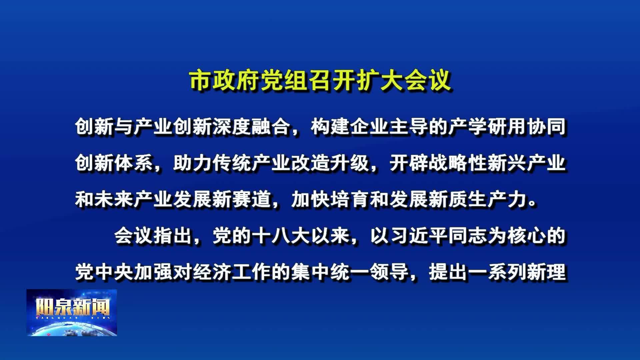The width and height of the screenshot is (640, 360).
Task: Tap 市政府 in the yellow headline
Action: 225,80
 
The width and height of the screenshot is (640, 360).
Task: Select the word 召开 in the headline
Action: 332,80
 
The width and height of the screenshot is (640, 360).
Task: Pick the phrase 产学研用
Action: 487,127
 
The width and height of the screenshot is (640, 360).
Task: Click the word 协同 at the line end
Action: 547,127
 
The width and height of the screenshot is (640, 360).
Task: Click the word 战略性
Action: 458,163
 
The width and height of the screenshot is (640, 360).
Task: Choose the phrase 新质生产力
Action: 478,200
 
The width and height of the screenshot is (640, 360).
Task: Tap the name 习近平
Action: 419,236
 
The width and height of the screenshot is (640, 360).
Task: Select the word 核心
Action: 527,236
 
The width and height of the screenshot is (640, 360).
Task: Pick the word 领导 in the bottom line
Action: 389,272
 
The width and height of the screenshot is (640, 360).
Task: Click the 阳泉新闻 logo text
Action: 72,307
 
